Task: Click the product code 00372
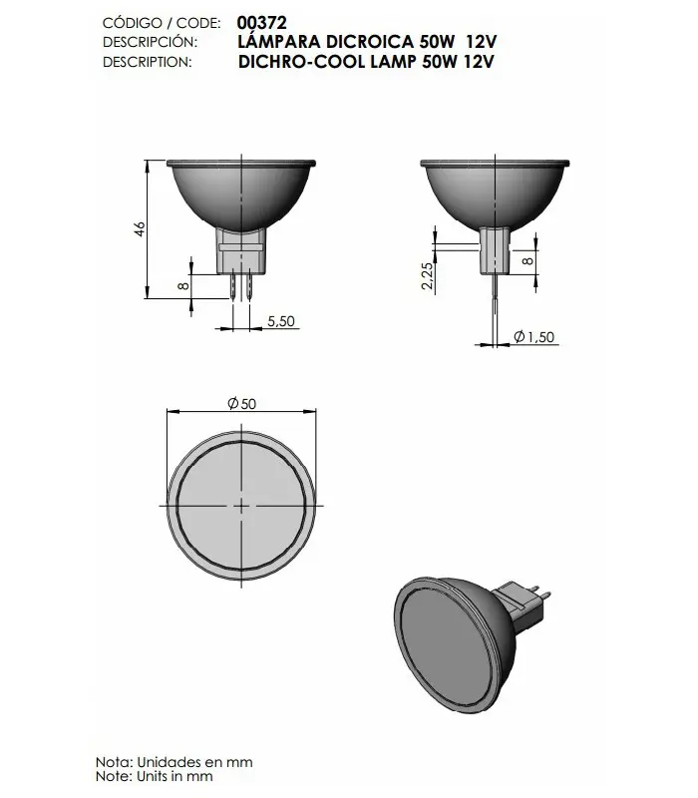pyautogui.click(x=262, y=22)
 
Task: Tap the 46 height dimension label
pyautogui.click(x=140, y=229)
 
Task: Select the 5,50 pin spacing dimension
pyautogui.click(x=281, y=321)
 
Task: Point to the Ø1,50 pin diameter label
pyautogui.click(x=534, y=337)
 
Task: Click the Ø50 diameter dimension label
pyautogui.click(x=241, y=404)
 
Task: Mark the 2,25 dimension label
pyautogui.click(x=428, y=276)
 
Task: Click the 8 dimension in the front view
pyautogui.click(x=183, y=286)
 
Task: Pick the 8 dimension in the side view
pyautogui.click(x=528, y=260)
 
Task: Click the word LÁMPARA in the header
pyautogui.click(x=278, y=41)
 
